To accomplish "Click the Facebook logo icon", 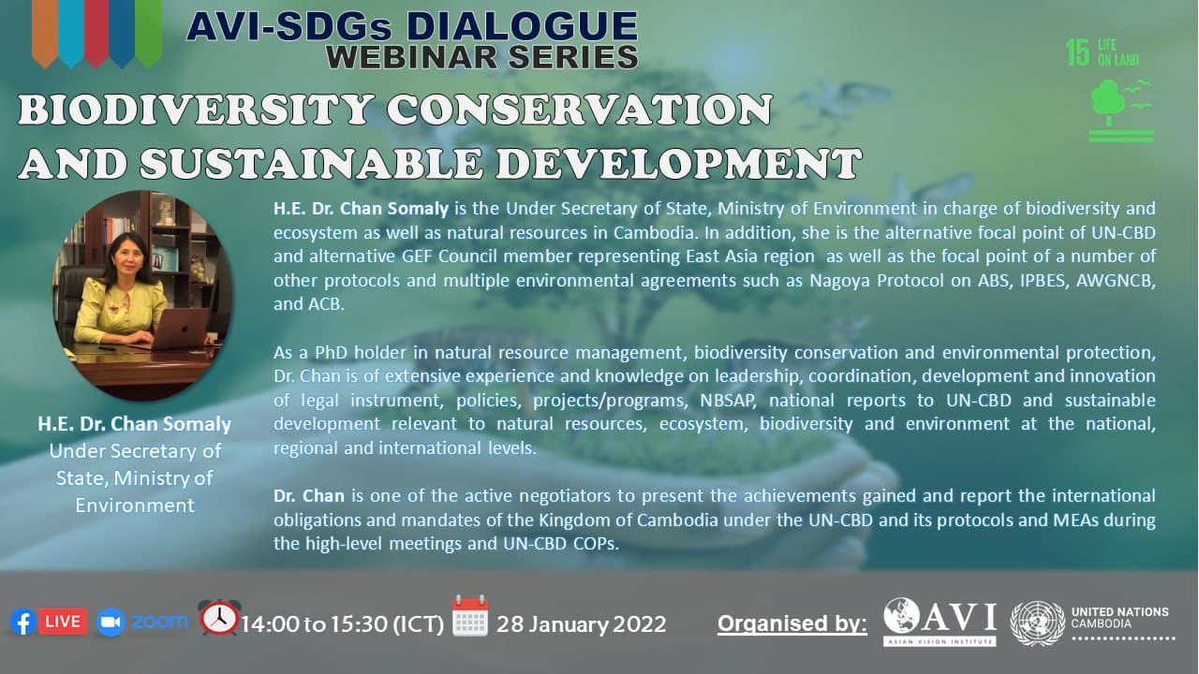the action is pyautogui.click(x=23, y=623).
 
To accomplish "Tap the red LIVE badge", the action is pyautogui.click(x=63, y=622).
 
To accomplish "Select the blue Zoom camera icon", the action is pyautogui.click(x=111, y=623).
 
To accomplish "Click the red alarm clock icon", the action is pyautogui.click(x=219, y=617).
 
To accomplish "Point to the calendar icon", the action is pyautogui.click(x=470, y=616).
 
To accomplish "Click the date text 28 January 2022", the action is pyautogui.click(x=582, y=624).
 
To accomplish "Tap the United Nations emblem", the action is pyautogui.click(x=1037, y=623).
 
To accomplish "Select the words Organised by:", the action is pyautogui.click(x=792, y=623).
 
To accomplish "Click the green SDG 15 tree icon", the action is pyautogui.click(x=1121, y=110).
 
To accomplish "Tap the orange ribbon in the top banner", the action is pyautogui.click(x=45, y=33).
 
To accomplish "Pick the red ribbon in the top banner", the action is pyautogui.click(x=96, y=33).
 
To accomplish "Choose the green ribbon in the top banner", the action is pyautogui.click(x=148, y=33).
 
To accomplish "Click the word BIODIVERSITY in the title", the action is pyautogui.click(x=196, y=110).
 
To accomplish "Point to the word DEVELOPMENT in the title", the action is pyautogui.click(x=678, y=163).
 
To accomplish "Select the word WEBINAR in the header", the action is pyautogui.click(x=412, y=58).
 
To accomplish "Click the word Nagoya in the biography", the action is pyautogui.click(x=839, y=281).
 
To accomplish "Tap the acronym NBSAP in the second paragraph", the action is pyautogui.click(x=728, y=400).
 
